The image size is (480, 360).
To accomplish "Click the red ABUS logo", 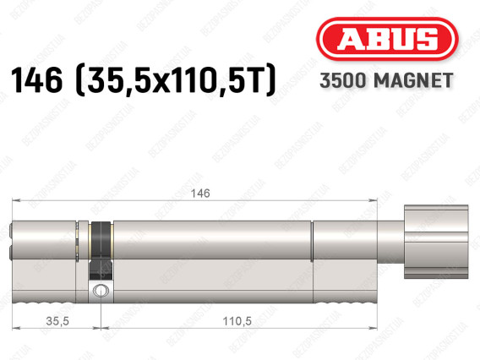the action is [387, 39].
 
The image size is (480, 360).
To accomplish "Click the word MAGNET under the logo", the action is [413, 81].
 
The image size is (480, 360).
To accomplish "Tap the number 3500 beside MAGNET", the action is [343, 81].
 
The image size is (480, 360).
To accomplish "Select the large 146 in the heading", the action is [36, 80].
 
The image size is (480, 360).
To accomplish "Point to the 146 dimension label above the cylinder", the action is [200, 194].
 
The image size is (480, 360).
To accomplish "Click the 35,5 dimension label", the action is [57, 321].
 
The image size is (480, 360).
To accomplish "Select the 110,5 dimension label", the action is [237, 321].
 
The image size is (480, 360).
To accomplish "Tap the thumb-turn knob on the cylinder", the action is [436, 242].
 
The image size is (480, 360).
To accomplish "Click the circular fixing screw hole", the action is [101, 289].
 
